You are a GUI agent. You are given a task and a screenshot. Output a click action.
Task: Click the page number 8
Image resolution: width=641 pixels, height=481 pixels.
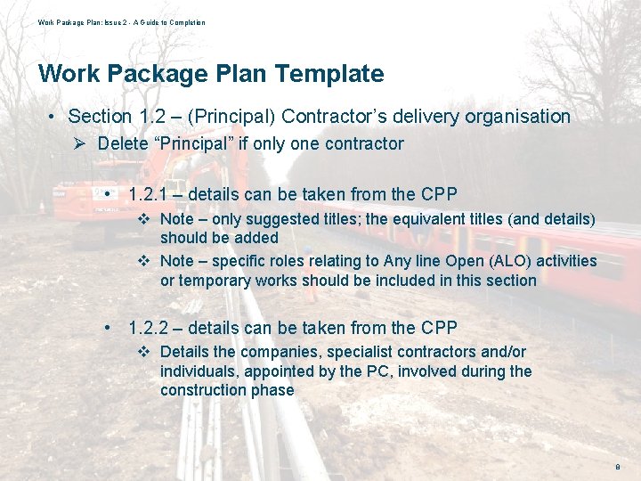[x=617, y=467]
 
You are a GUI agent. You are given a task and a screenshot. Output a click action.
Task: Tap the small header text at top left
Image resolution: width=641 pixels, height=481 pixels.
[x=121, y=22]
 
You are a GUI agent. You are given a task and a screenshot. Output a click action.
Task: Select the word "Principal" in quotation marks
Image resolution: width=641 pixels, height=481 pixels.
[x=199, y=144]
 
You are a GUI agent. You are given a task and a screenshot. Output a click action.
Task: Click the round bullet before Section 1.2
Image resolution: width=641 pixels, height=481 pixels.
[x=54, y=117]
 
